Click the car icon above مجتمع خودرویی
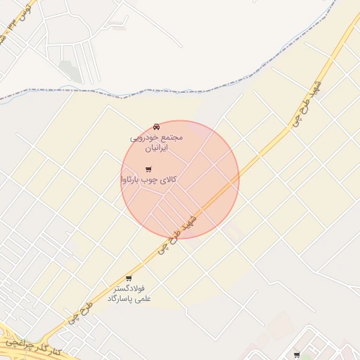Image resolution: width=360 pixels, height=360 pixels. click(x=155, y=127)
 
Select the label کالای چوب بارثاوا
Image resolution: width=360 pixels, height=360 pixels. click(x=148, y=181)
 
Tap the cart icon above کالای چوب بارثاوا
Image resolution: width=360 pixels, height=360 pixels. click(x=148, y=169)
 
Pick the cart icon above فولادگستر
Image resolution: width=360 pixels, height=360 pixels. click(x=128, y=278)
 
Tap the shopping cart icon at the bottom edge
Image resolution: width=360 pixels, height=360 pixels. click(x=297, y=355)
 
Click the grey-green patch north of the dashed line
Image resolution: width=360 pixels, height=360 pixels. click(x=69, y=70)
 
